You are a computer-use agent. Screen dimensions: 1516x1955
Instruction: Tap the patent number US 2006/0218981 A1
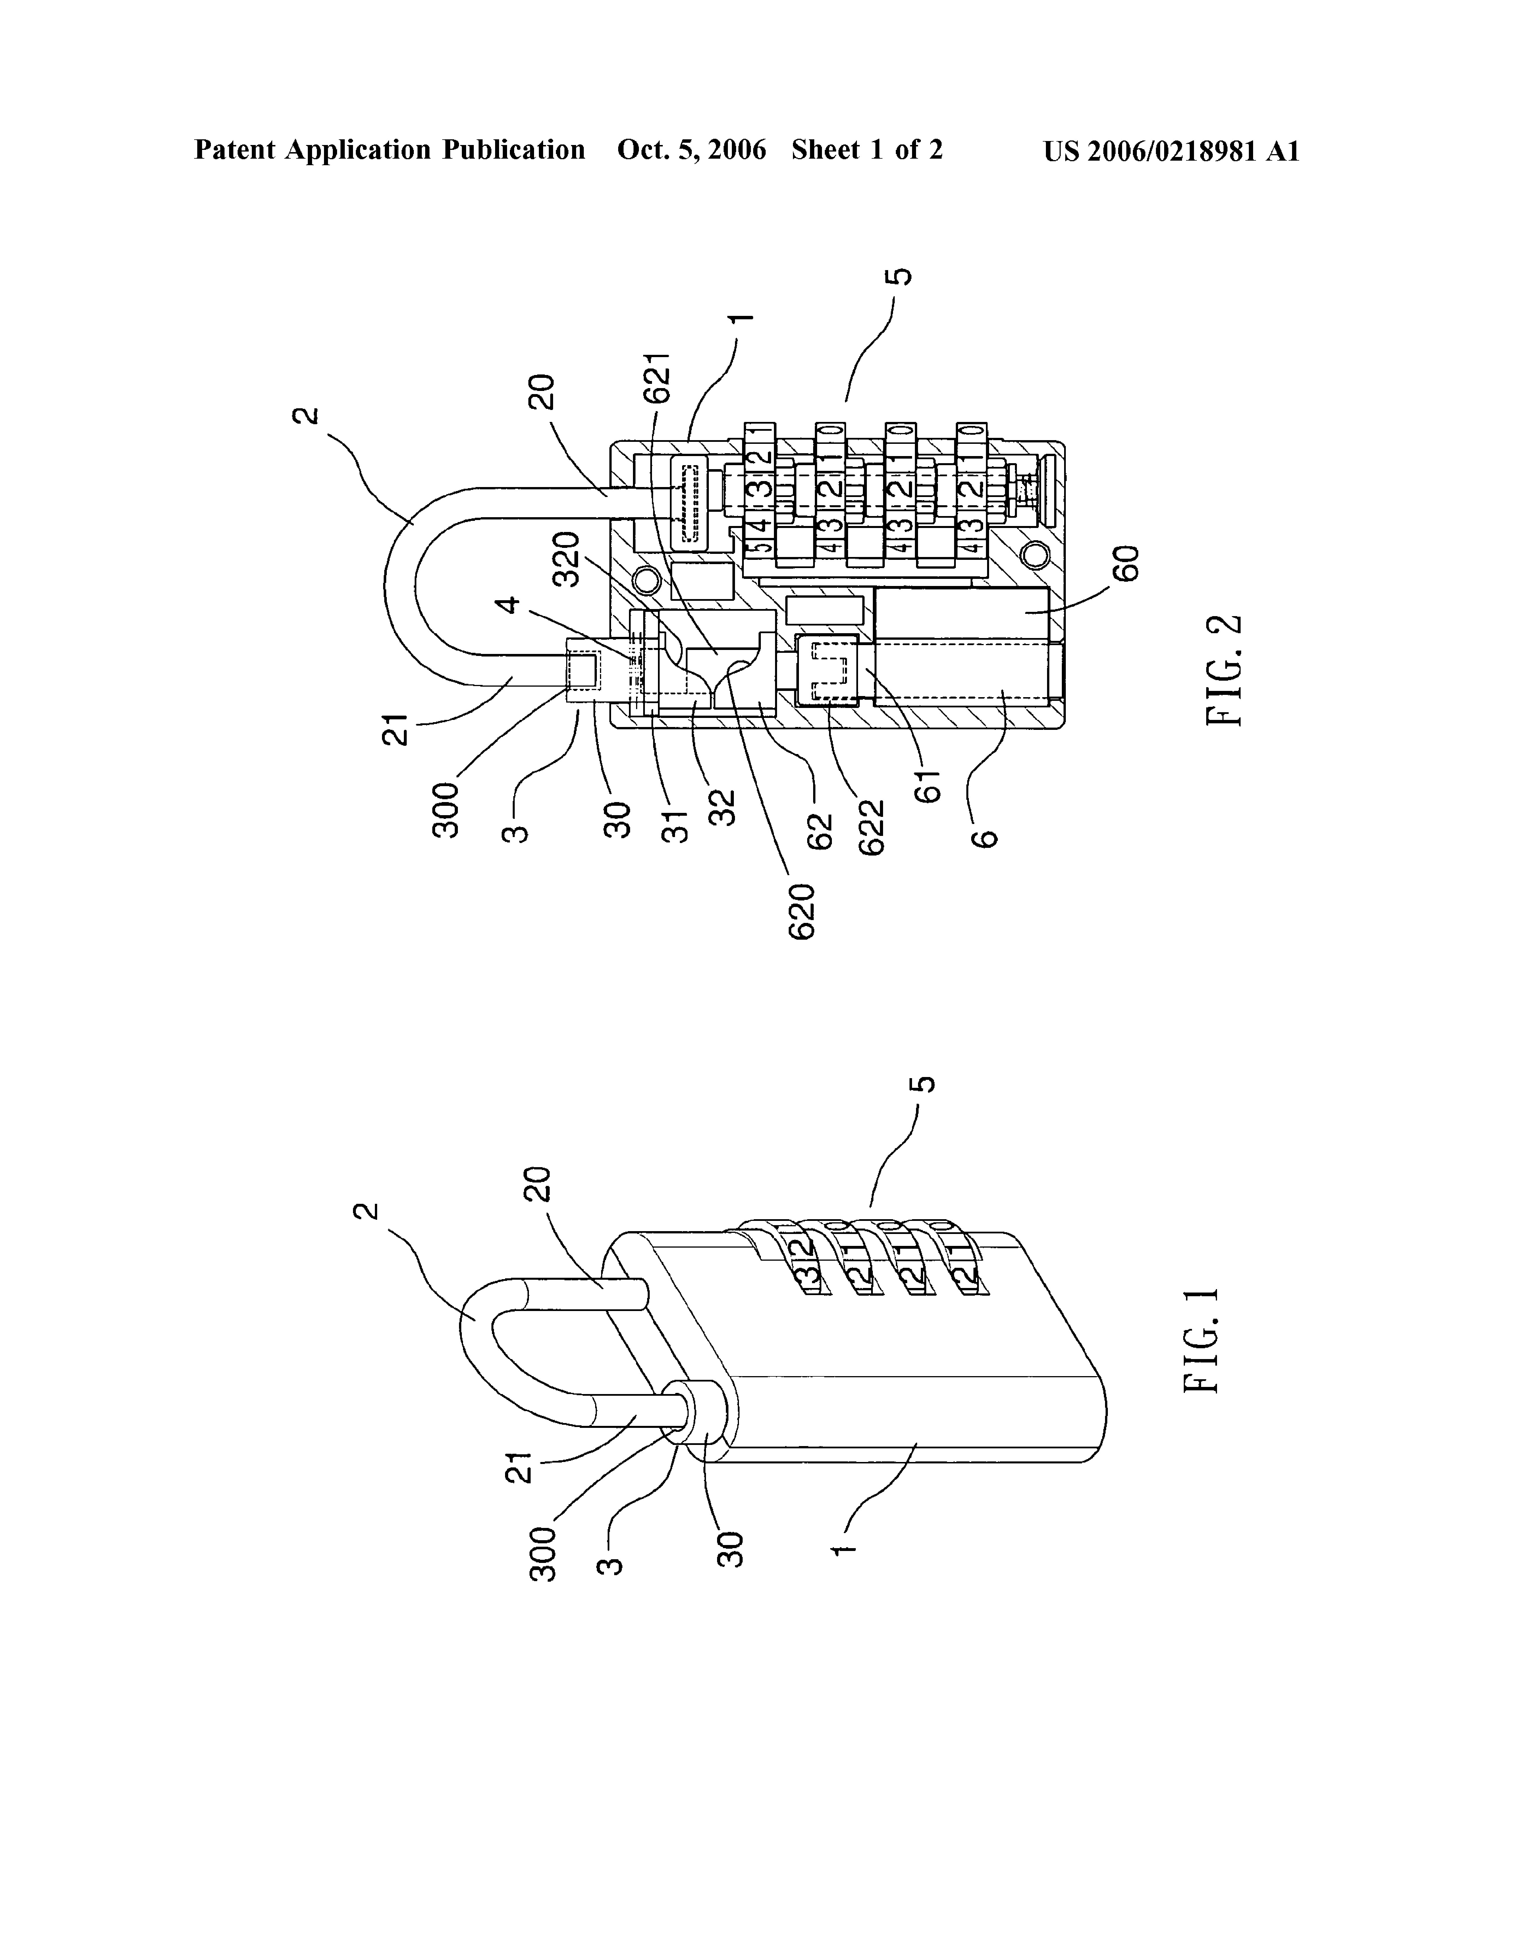1172,150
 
